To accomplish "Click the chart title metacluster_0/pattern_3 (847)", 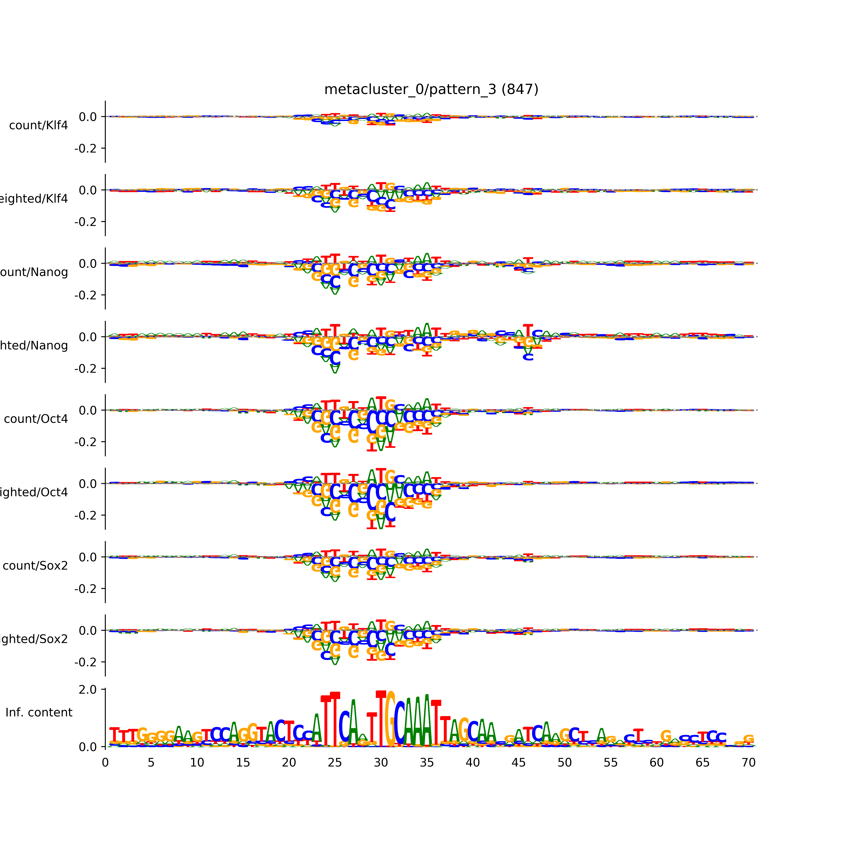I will pos(431,89).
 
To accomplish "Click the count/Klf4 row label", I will pos(38,125).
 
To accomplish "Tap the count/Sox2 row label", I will pos(35,566).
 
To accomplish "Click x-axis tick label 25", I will pos(335,763).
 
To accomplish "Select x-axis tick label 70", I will pos(748,763).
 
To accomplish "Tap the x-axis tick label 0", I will pos(105,763).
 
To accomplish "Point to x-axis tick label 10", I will pos(197,763).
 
